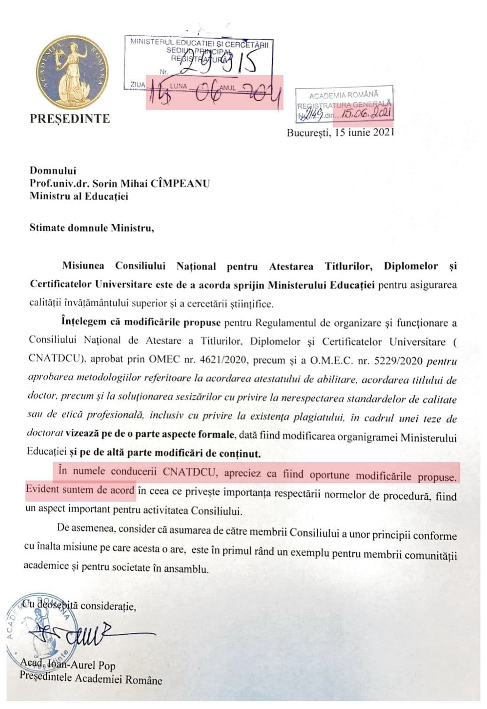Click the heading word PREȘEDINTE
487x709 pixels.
[70, 118]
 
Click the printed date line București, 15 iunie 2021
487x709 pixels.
[340, 133]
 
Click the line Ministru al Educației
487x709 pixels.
[79, 196]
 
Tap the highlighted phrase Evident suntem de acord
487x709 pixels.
[80, 489]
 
